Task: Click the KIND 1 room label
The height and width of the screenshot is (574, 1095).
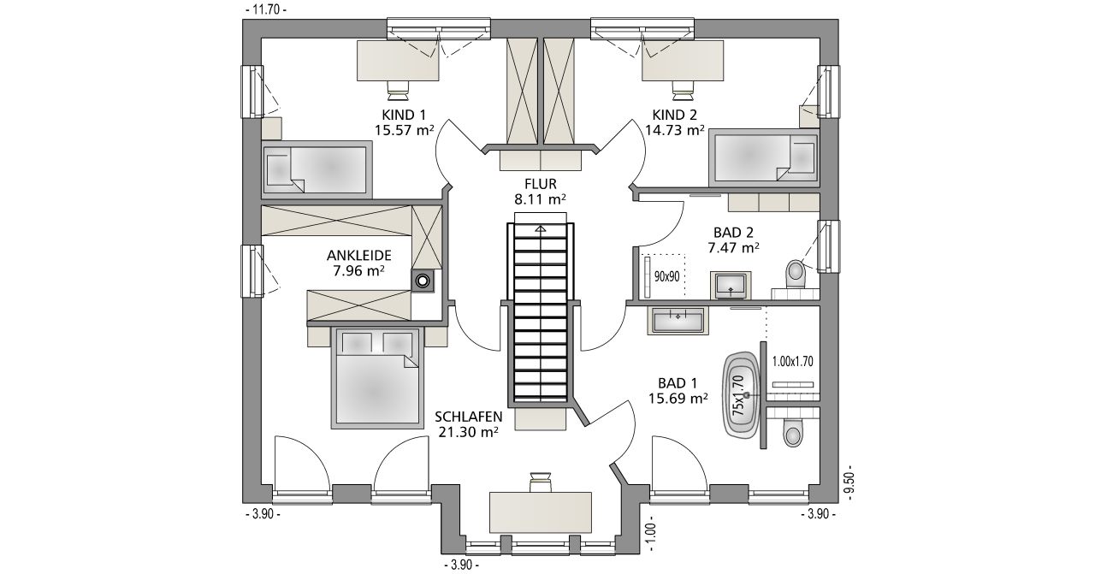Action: coord(404,115)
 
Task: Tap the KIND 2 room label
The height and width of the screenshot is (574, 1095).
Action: coord(675,115)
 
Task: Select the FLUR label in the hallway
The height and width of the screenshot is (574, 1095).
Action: coord(540,184)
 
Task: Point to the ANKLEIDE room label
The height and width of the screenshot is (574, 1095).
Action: coord(359,255)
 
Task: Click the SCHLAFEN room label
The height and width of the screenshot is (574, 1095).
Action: coord(469,417)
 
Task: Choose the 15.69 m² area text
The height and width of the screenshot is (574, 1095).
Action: coord(678,399)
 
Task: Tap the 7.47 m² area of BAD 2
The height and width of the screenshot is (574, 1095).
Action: coord(733,248)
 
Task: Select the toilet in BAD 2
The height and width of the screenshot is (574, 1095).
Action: coord(796,275)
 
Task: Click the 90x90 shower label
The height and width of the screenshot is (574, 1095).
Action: coord(666,276)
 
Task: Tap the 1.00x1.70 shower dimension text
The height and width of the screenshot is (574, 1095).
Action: coord(792,361)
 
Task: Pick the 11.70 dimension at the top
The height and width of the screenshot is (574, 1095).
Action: coord(266,9)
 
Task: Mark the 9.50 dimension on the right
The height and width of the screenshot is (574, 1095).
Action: coord(850,482)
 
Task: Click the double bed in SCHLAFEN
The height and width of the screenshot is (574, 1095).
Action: coord(377,378)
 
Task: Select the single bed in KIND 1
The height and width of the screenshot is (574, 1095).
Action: coord(317,169)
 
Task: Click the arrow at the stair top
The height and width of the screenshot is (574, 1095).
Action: coord(540,228)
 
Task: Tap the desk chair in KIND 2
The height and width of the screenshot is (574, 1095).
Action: coord(683,88)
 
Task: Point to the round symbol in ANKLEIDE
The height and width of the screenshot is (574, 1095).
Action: coord(423,281)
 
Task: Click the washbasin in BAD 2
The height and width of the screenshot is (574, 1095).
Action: coord(731,285)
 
